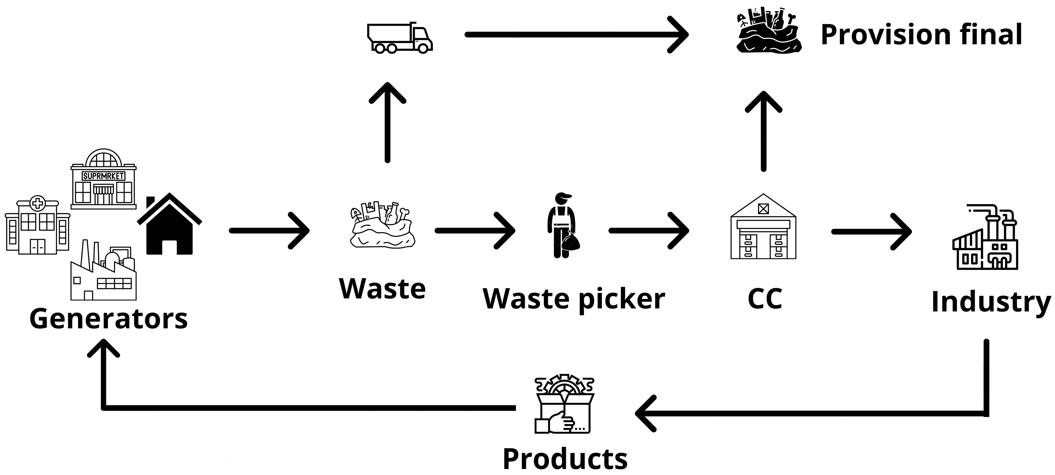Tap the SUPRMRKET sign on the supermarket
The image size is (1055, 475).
pos(103,176)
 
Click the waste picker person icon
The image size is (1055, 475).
pos(563,225)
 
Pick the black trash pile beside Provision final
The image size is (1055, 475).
pos(768,31)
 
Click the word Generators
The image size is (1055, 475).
pos(109,319)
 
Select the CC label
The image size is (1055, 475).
pos(764,298)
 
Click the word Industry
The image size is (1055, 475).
pos(990,302)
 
